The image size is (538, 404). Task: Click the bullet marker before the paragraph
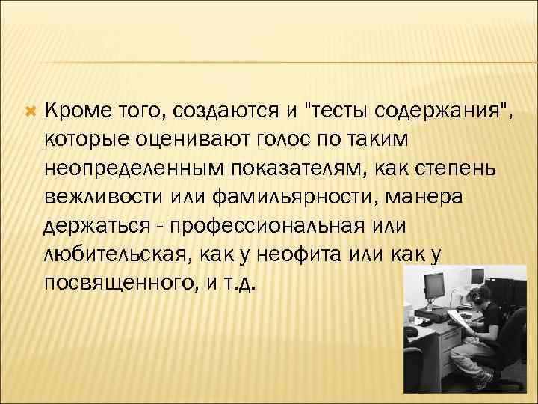click(x=31, y=111)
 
